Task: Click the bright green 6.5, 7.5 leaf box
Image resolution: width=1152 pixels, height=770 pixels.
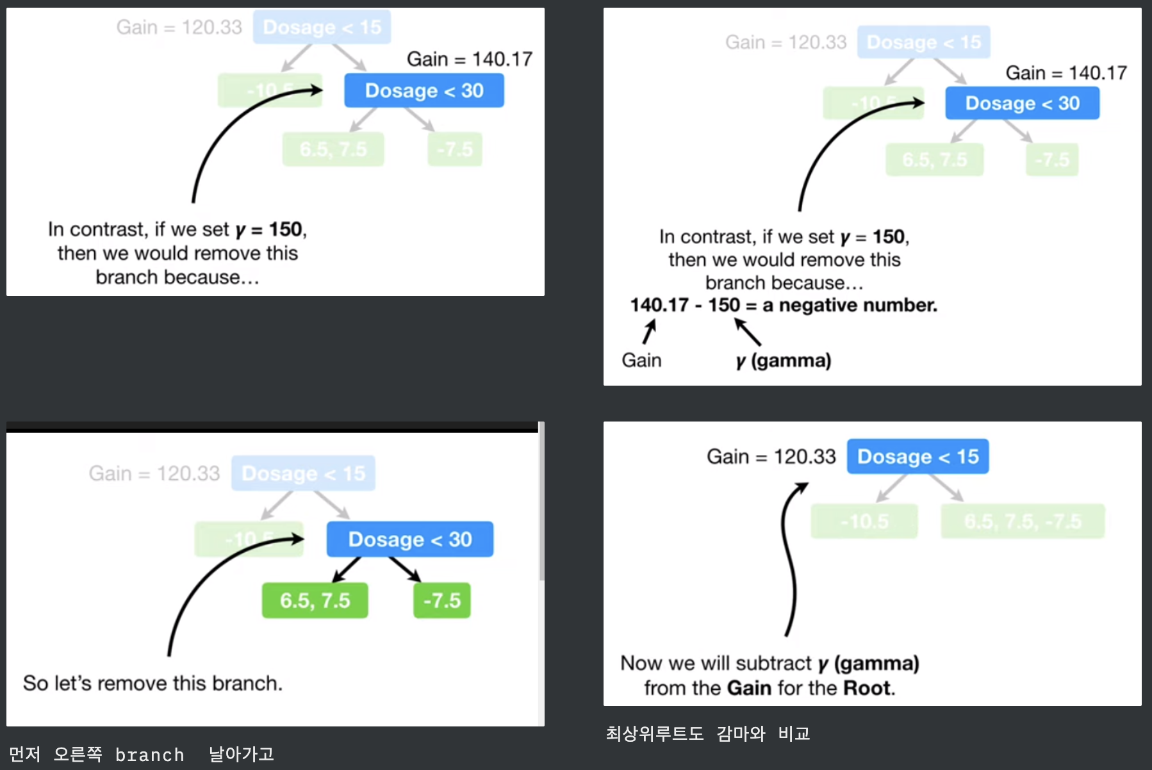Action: coord(315,600)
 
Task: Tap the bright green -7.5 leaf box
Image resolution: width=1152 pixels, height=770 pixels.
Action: coord(442,600)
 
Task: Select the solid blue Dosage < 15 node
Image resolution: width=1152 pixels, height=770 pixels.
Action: coord(917,456)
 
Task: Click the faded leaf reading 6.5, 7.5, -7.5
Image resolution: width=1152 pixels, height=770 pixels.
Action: coord(1023,521)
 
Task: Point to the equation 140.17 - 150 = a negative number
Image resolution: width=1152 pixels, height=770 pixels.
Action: coord(783,305)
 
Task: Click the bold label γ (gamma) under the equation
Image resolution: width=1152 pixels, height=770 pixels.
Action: coord(783,361)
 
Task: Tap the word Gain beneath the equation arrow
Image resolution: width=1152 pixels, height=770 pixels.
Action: coord(641,361)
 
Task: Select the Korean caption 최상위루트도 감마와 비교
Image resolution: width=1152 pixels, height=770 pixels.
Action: coord(708,733)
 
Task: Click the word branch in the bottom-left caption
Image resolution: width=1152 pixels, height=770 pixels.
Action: coord(149,755)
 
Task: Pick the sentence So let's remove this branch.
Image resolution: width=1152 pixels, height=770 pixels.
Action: coord(152,683)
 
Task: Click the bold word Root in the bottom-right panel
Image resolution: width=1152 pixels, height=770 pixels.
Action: coord(868,688)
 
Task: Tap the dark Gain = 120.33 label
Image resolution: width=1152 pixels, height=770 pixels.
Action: coord(771,456)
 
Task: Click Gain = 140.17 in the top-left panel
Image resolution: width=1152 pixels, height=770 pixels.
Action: coord(470,59)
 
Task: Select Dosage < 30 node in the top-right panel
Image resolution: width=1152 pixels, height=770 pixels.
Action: coord(1022,103)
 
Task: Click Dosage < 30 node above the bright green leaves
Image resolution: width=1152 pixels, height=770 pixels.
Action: coord(410,539)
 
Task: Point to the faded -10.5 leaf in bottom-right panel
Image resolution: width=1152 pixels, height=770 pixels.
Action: coord(864,521)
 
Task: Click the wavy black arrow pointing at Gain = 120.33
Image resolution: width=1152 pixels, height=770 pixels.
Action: coord(790,557)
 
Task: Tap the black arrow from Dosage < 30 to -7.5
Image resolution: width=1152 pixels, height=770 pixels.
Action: coord(404,569)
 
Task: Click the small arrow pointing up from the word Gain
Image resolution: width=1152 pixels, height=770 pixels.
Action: coord(650,332)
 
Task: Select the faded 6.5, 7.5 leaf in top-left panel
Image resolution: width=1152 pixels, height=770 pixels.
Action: coord(333,149)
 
